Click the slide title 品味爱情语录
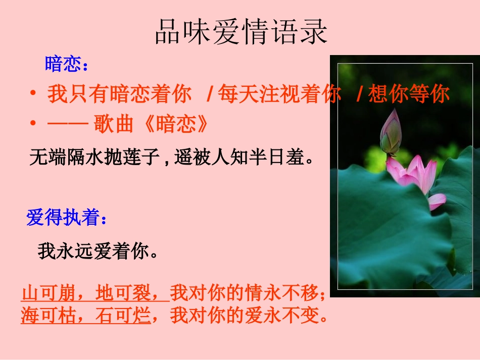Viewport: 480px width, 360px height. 241,33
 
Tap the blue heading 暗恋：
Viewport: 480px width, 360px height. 66,64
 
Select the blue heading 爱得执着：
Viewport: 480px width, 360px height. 66,219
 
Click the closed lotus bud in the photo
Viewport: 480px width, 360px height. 390,132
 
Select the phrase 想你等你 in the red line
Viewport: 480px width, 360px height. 409,94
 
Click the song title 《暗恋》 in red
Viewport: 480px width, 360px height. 176,124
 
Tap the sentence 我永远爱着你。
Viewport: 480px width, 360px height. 99,251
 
